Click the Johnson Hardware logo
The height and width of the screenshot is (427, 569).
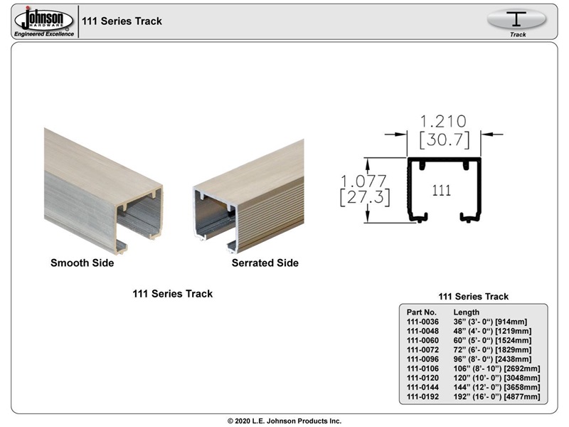(x=43, y=21)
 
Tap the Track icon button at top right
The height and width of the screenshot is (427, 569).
(x=517, y=21)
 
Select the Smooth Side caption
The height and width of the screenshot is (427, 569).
(x=82, y=263)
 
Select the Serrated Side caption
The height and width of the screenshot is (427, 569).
(x=265, y=263)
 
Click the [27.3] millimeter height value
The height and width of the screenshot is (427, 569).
(x=363, y=197)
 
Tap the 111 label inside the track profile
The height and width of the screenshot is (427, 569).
(x=442, y=191)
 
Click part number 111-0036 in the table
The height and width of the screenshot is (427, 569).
(x=422, y=322)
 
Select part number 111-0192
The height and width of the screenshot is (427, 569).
(x=422, y=396)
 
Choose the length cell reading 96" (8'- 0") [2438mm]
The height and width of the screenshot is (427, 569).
(x=491, y=359)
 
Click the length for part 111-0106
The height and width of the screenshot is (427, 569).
(x=496, y=369)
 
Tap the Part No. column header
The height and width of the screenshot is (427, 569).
(x=421, y=312)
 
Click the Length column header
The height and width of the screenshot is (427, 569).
(x=466, y=312)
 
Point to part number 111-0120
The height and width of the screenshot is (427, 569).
(x=422, y=378)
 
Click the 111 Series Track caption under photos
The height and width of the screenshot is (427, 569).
(x=172, y=294)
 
